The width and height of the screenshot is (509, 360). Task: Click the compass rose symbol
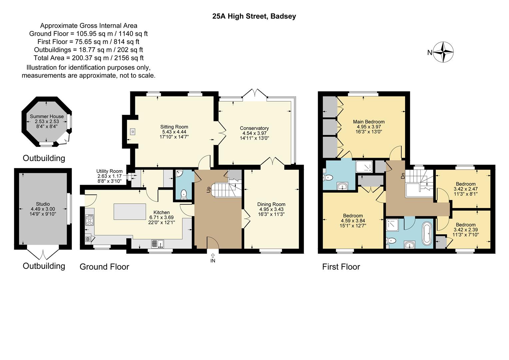443,52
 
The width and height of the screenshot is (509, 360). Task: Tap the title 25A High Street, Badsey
254,16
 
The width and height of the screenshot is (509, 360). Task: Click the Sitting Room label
174,127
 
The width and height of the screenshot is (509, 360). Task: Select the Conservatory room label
254,128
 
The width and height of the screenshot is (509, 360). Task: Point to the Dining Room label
271,204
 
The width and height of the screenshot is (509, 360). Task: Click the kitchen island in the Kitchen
130,212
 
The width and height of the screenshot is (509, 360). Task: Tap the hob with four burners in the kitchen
89,220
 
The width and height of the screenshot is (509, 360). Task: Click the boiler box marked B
88,239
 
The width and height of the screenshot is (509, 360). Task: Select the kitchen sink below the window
158,244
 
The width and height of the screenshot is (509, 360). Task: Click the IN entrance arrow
213,258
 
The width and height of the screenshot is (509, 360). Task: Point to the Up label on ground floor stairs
209,189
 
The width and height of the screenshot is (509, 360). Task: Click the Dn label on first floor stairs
403,176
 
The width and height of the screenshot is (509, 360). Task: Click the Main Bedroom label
368,122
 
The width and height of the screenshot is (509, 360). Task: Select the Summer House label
47,116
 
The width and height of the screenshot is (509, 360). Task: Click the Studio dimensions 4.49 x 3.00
43,209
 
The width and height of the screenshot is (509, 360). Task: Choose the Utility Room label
110,171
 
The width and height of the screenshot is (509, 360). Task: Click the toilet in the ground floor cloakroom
183,194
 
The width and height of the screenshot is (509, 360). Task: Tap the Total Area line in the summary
88,58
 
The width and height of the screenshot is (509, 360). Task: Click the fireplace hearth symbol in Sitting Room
133,132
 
